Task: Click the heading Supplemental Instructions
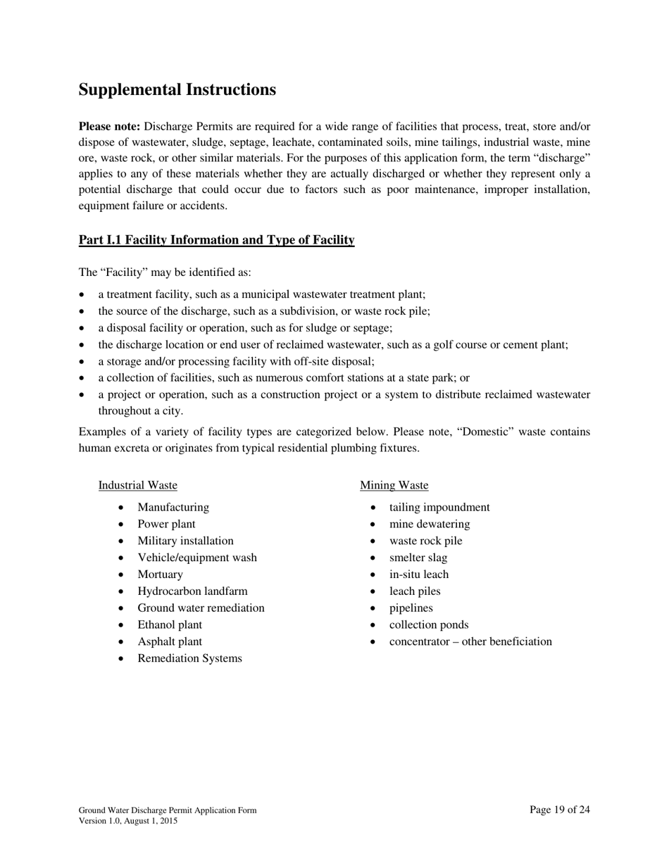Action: point(177,90)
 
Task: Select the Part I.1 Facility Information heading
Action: point(216,240)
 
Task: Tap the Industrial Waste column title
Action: point(137,485)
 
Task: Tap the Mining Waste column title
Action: point(394,485)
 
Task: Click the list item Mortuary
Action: point(160,575)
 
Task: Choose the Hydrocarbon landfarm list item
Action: point(192,591)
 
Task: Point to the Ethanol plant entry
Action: point(169,625)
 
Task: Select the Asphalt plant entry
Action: point(169,642)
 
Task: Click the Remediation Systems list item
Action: point(189,658)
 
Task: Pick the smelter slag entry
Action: point(418,558)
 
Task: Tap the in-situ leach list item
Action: point(418,575)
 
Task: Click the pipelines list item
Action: point(411,608)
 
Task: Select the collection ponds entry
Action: point(428,625)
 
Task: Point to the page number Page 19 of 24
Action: point(560,810)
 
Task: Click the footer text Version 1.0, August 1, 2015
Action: point(127,821)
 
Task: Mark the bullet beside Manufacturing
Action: point(123,508)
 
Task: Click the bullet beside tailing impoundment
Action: point(374,508)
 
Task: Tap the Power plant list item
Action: point(166,524)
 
